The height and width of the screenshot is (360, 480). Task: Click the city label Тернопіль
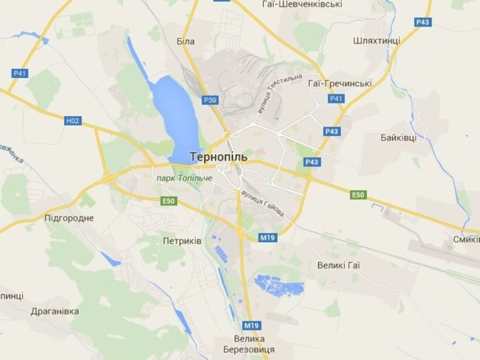[x=219, y=157]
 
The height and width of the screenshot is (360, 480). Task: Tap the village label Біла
[x=185, y=41]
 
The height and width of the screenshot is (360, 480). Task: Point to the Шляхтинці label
[x=376, y=40]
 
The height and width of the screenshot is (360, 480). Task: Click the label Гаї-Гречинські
[x=339, y=83]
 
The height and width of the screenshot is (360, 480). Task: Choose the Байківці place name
[x=398, y=138]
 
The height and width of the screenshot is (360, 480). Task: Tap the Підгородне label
[x=69, y=218]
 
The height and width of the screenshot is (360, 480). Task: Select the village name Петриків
[x=182, y=241]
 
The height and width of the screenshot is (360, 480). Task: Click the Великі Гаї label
[x=339, y=265]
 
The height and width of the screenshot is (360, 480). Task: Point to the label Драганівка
[x=55, y=311]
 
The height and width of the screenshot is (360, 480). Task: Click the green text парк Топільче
[x=184, y=178]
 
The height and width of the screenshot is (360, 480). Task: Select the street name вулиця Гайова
[x=263, y=203]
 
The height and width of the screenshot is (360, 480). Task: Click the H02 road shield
[x=73, y=120]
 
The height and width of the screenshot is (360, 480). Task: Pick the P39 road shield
[x=210, y=100]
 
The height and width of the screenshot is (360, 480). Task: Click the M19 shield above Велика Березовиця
[x=251, y=325]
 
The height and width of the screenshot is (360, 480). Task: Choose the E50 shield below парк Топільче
[x=169, y=201]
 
